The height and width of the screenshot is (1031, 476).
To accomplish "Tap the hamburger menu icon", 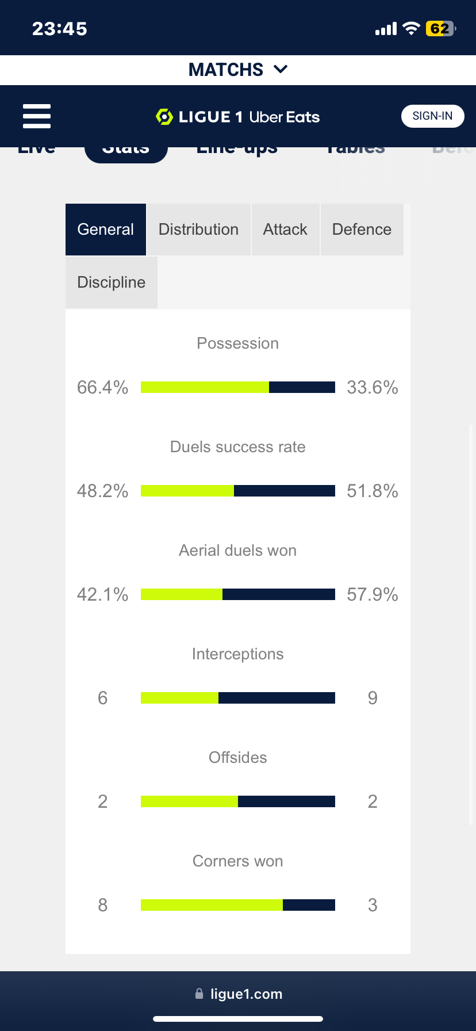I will (x=37, y=116).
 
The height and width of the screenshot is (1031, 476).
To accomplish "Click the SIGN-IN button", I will (x=432, y=116).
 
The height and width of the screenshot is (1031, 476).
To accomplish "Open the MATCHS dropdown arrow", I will (x=281, y=70).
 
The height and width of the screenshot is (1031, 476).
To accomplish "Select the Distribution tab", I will (x=198, y=230).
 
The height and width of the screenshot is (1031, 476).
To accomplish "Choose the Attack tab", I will (x=285, y=230).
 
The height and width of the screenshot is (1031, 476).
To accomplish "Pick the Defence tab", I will (x=362, y=230).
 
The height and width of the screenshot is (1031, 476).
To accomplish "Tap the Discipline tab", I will (x=111, y=282).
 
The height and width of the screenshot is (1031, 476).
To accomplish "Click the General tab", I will (x=106, y=230).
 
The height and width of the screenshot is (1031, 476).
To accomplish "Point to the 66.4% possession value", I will (x=102, y=387).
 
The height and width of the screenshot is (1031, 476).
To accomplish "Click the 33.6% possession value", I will (x=373, y=387).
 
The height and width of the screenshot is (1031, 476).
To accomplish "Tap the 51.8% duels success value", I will (x=373, y=491).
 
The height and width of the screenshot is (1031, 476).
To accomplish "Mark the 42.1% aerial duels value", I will (x=102, y=594).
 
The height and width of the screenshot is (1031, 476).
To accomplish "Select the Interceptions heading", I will (x=237, y=654).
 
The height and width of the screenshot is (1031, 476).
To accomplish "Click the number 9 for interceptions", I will (x=373, y=698).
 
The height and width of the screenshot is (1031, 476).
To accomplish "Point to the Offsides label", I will (x=237, y=758).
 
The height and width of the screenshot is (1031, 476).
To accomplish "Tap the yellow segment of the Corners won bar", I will (x=212, y=905).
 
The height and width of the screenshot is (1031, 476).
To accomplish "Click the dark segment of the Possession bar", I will (x=302, y=387).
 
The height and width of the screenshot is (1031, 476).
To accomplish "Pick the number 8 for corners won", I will (x=102, y=905).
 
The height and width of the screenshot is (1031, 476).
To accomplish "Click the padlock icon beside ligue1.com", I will (x=199, y=994).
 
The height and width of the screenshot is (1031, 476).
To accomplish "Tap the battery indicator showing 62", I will (x=440, y=29).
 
